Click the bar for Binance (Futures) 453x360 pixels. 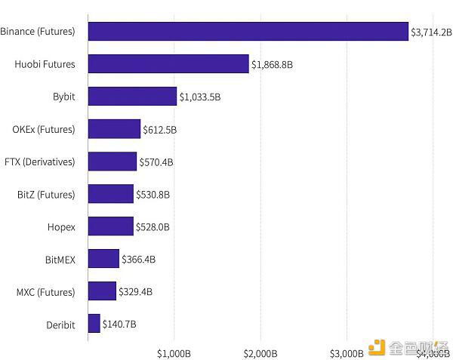pyautogui.click(x=248, y=32)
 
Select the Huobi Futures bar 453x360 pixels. pyautogui.click(x=168, y=64)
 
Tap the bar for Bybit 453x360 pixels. pyautogui.click(x=132, y=97)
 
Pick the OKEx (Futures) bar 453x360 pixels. pyautogui.click(x=114, y=129)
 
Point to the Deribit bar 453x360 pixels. pyautogui.click(x=94, y=324)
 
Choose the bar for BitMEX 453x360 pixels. pyautogui.click(x=103, y=259)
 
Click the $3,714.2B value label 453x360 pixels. pyautogui.click(x=431, y=32)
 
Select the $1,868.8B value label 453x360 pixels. pyautogui.click(x=272, y=65)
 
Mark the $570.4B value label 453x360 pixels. pyautogui.click(x=156, y=162)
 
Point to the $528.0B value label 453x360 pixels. pyautogui.click(x=153, y=227)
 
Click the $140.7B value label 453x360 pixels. pyautogui.click(x=119, y=325)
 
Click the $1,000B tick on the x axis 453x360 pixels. pyautogui.click(x=175, y=353)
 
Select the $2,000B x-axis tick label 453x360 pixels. pyautogui.click(x=260, y=353)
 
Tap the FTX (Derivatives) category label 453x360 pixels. pyautogui.click(x=39, y=162)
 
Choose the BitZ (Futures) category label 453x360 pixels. pyautogui.click(x=46, y=194)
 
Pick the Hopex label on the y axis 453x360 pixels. pyautogui.click(x=61, y=226)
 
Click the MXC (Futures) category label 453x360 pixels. pyautogui.click(x=46, y=291)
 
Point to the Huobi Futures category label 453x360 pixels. pyautogui.click(x=45, y=64)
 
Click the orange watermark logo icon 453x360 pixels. pyautogui.click(x=376, y=349)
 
